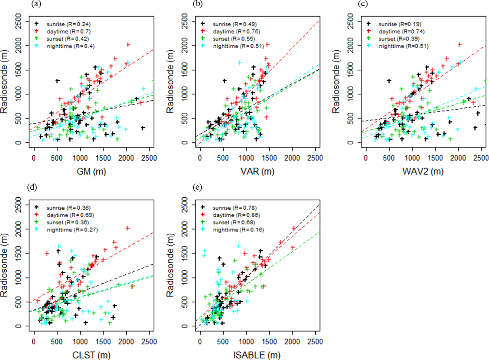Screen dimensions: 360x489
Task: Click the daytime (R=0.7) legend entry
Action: click(65, 31)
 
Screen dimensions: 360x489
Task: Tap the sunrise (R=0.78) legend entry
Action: click(231, 207)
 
